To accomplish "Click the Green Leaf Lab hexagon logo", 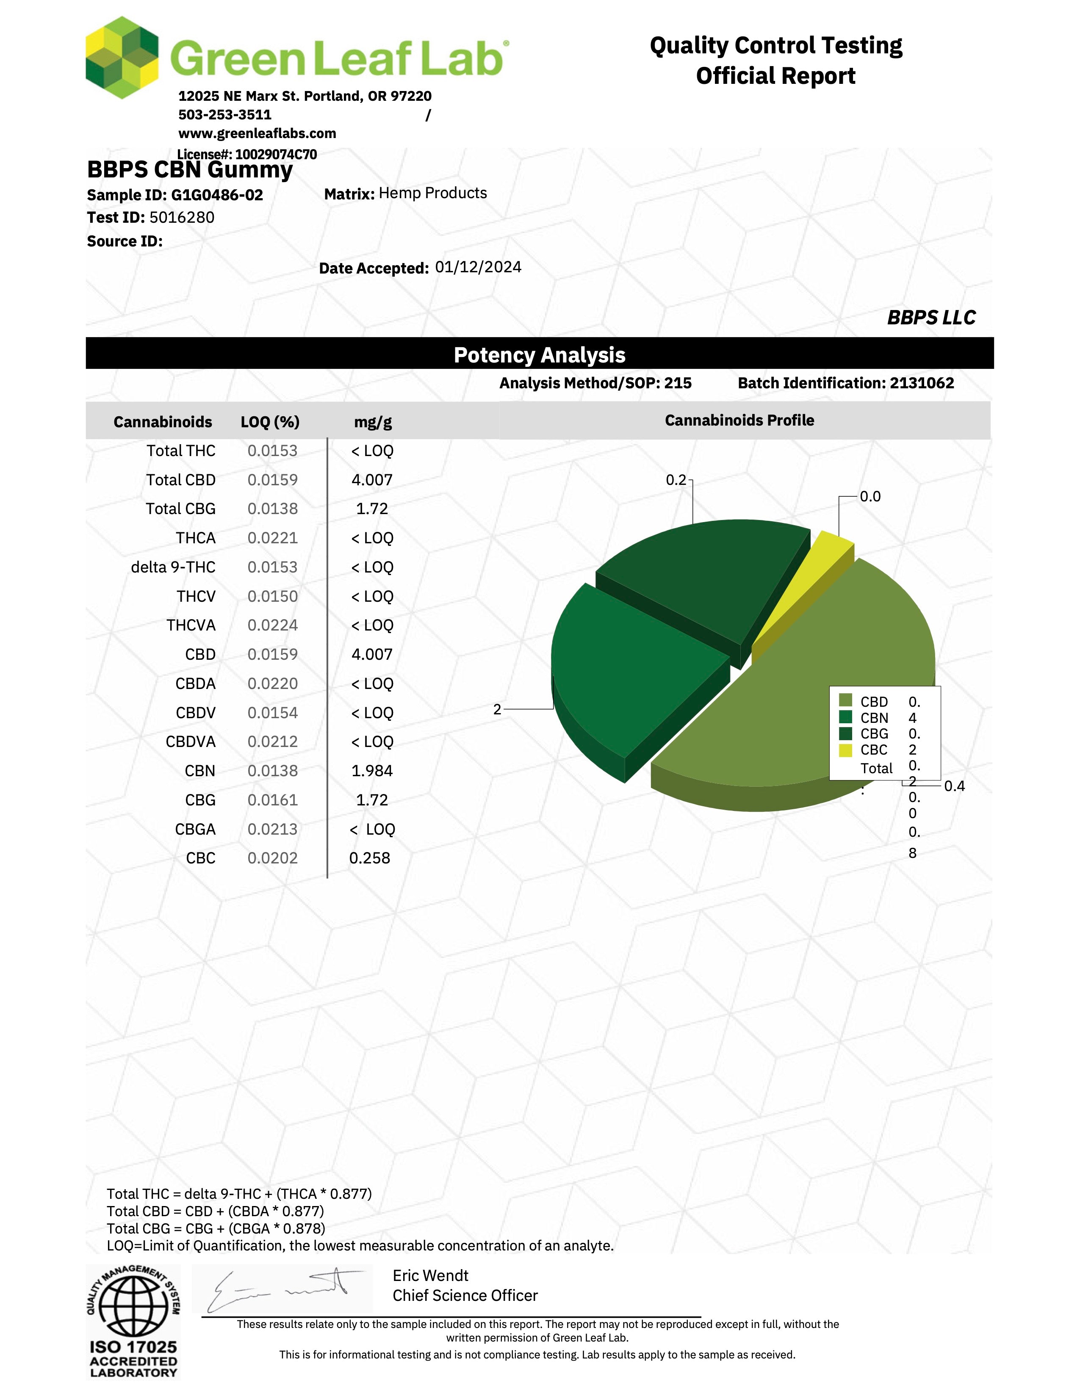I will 122,58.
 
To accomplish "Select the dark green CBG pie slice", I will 704,575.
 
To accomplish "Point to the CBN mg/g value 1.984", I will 372,771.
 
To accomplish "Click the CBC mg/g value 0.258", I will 369,858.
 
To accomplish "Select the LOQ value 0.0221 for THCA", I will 273,538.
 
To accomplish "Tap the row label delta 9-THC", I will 173,567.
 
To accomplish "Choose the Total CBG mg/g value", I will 372,509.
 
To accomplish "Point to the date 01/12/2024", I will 478,267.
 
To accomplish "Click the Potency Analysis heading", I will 539,355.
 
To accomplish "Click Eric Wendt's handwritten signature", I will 282,1289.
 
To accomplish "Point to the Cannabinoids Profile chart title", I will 739,420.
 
